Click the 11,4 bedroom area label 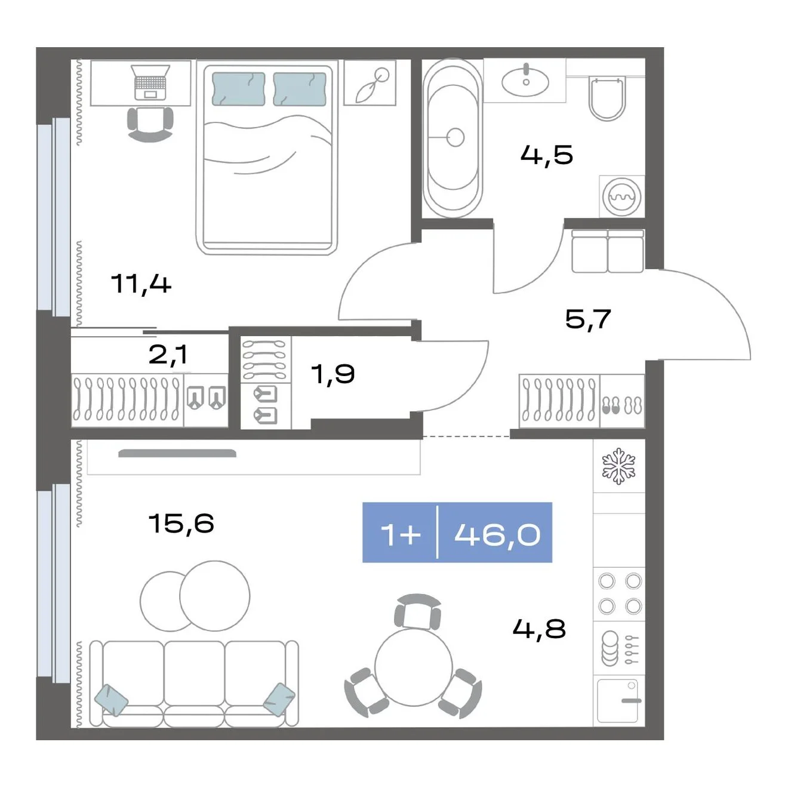click(x=141, y=284)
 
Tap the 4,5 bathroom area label click(x=546, y=155)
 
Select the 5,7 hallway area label click(x=588, y=319)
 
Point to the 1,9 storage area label click(x=333, y=374)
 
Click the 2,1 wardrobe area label click(x=168, y=355)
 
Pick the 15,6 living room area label click(x=181, y=522)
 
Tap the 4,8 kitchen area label click(x=540, y=628)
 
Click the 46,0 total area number click(x=497, y=534)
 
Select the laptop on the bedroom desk click(x=150, y=82)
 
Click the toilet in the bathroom click(x=607, y=98)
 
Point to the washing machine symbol click(x=622, y=196)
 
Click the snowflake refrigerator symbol click(x=618, y=466)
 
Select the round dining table click(x=414, y=667)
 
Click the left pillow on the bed click(x=238, y=89)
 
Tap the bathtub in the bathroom click(x=453, y=138)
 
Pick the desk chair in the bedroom click(x=150, y=124)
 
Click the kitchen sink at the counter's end click(x=618, y=701)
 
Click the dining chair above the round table click(x=417, y=612)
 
